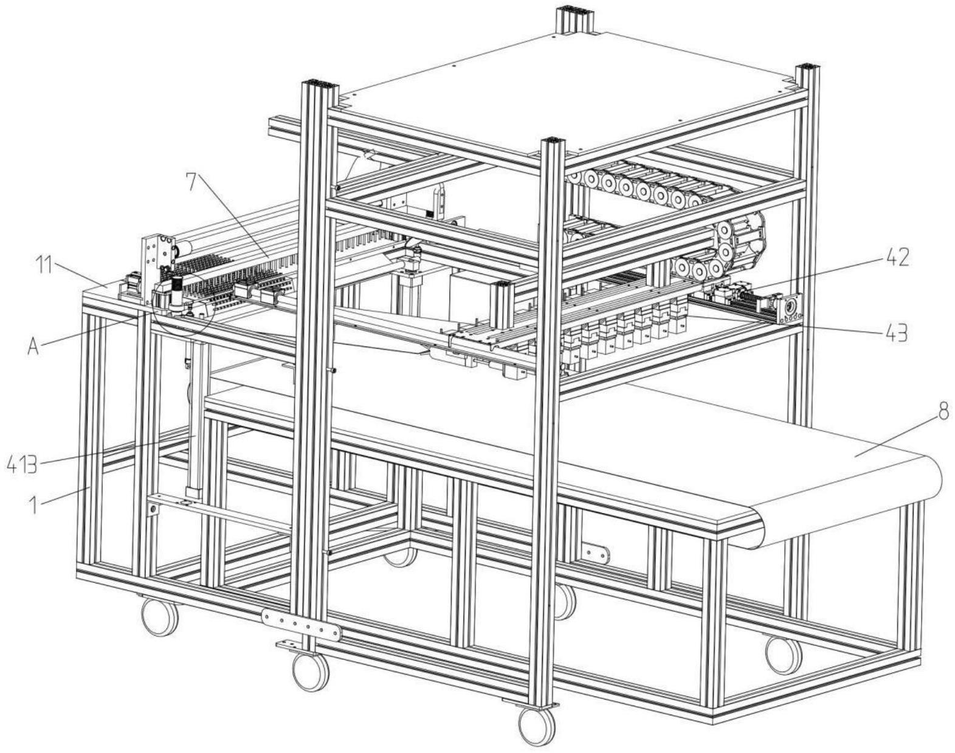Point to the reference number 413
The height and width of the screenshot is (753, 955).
coord(21,466)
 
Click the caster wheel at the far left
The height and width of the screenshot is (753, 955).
coord(160,616)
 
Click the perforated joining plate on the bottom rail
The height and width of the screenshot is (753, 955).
coord(301,625)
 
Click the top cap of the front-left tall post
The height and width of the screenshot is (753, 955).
coord(318,84)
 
